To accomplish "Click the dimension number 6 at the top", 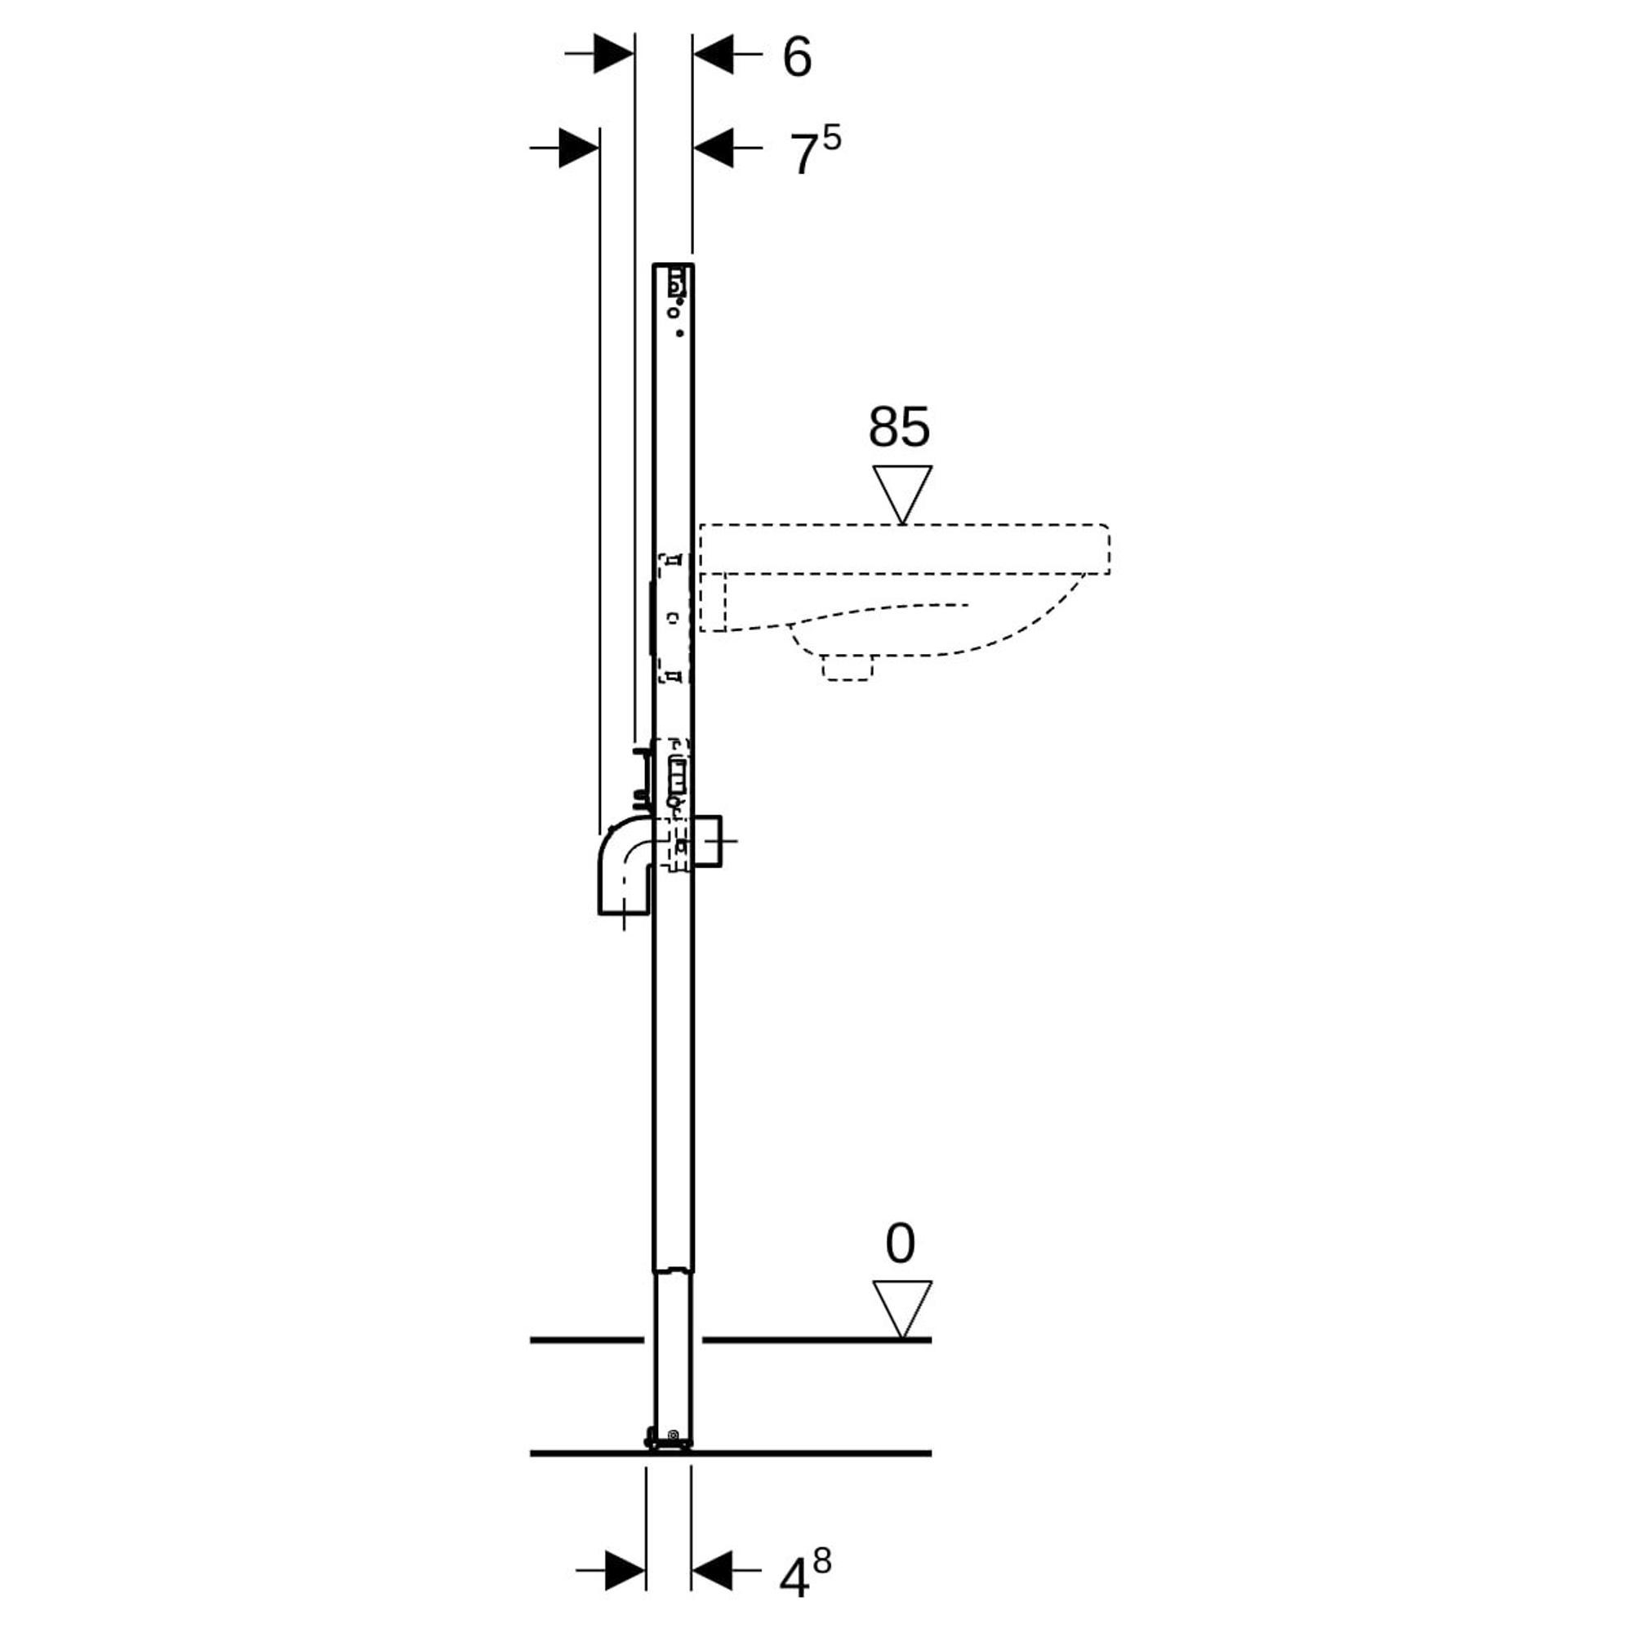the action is pyautogui.click(x=797, y=57).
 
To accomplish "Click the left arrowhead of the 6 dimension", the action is pyautogui.click(x=614, y=53).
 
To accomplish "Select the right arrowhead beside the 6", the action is pyautogui.click(x=713, y=54).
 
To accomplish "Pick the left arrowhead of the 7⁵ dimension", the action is pyautogui.click(x=580, y=148).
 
